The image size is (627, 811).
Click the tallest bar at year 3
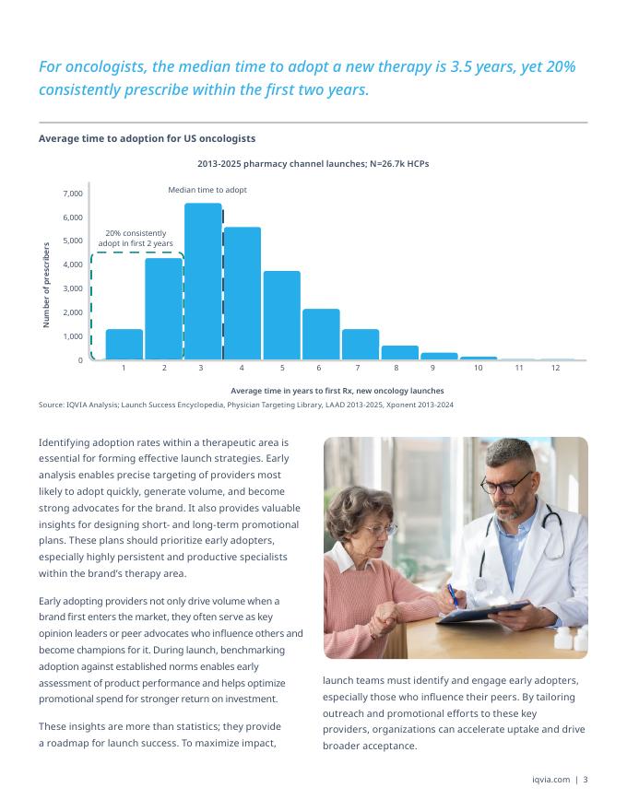coord(203,281)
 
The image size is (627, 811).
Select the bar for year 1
coord(124,344)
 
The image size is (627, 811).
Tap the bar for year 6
coord(321,334)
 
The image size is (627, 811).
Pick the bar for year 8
coord(399,352)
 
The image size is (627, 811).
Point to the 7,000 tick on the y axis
coord(73,194)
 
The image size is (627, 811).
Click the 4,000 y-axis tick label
coord(73,265)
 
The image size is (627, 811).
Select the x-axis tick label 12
coord(556,369)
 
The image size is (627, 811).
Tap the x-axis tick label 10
coord(478,369)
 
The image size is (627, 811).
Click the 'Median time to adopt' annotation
coord(207,190)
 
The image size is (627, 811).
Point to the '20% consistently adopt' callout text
coord(136,238)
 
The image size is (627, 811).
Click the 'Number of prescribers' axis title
coord(46,285)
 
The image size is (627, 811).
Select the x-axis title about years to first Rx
coord(337,391)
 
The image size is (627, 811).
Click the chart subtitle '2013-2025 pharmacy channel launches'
coord(313,163)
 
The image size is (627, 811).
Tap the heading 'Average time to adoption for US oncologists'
coord(147,138)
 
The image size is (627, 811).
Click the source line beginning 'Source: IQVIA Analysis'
coord(245,405)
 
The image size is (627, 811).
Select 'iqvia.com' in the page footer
coord(551,780)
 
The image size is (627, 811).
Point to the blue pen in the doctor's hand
coord(453,594)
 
